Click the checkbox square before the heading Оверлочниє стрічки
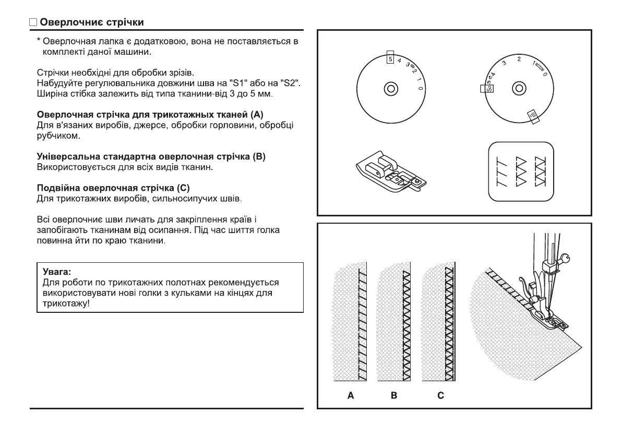33,23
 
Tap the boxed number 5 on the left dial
390,59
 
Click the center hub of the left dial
390,87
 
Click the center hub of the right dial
518,87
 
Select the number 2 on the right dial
519,59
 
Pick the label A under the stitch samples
351,396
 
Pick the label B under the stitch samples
394,396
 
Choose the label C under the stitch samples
441,396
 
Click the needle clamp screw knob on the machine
567,257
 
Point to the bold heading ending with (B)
151,157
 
